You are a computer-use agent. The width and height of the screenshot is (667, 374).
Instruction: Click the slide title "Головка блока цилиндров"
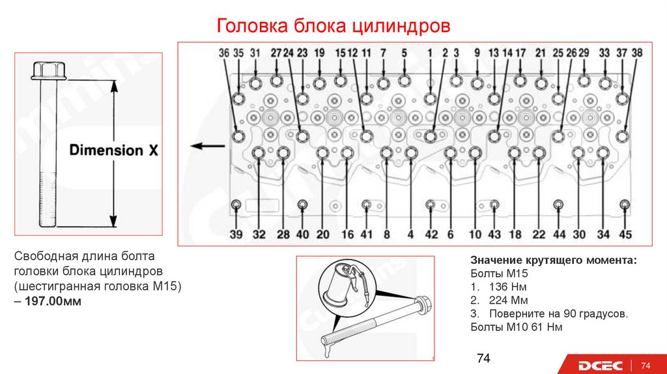(x=333, y=27)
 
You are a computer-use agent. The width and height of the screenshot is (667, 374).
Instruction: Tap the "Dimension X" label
(x=114, y=151)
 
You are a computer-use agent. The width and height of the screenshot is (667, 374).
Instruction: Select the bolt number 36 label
(x=224, y=53)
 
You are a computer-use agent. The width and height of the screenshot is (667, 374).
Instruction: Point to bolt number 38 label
(x=637, y=53)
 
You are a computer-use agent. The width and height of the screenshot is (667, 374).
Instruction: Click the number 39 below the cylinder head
(x=236, y=235)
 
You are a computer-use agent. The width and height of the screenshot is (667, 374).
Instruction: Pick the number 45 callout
(x=625, y=235)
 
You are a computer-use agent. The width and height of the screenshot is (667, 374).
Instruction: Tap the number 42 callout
(x=431, y=235)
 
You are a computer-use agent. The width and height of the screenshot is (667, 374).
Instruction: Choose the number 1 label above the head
(x=430, y=53)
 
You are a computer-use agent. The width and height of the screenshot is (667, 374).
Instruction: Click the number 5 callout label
(x=404, y=53)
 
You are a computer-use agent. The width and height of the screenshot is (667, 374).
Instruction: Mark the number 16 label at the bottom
(x=348, y=235)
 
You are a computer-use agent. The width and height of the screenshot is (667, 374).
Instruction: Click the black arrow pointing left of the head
(x=203, y=146)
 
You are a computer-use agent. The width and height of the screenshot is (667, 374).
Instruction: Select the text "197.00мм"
(x=54, y=302)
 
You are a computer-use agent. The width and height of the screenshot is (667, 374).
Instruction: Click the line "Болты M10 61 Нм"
(x=517, y=327)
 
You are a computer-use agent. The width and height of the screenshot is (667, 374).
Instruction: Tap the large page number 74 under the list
(x=483, y=358)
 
